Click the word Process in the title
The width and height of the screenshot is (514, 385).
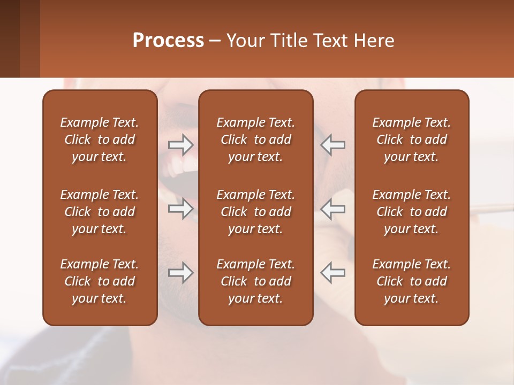tap(168, 41)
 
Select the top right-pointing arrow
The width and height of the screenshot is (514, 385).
tap(181, 144)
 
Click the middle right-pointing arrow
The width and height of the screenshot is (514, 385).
tap(181, 209)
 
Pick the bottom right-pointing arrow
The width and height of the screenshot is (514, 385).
tap(181, 273)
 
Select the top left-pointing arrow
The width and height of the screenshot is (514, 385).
tap(332, 144)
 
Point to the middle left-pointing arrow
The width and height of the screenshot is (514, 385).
tap(332, 209)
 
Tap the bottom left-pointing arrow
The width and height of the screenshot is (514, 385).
tap(332, 273)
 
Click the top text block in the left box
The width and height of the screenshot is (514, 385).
tap(100, 140)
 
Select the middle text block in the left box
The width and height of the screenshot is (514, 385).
tap(100, 212)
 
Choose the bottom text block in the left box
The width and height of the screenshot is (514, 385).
tap(100, 281)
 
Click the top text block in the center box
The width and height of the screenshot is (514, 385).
tap(255, 140)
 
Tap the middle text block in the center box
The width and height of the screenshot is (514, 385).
tap(255, 212)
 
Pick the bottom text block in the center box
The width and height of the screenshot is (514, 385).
tap(255, 281)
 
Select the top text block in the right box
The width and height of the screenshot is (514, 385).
tap(411, 140)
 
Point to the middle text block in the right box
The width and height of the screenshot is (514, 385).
tap(411, 212)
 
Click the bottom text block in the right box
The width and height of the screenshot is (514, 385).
tap(411, 281)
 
